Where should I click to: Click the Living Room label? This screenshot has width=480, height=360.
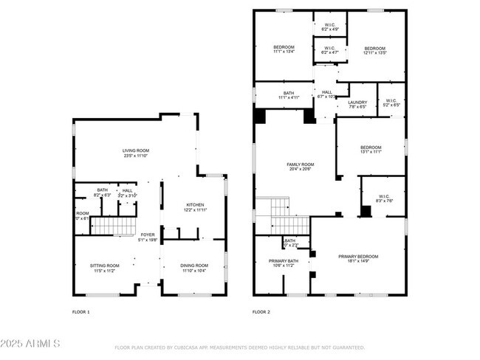tap(136, 153)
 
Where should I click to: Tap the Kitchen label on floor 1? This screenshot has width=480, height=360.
tap(195, 207)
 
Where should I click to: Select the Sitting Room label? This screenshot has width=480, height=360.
tap(104, 268)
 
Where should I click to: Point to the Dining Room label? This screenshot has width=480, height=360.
tap(195, 268)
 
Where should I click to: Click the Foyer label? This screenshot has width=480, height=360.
tap(148, 237)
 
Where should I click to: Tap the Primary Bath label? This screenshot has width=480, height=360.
tap(281, 263)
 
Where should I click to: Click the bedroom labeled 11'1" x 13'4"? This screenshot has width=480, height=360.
tap(284, 50)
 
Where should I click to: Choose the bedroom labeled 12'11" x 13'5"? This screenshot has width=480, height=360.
tap(375, 50)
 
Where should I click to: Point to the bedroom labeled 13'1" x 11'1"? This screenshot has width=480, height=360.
tap(371, 149)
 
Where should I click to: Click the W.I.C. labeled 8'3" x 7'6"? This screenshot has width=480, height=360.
tap(385, 198)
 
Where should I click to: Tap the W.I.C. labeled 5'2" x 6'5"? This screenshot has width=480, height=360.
tap(391, 103)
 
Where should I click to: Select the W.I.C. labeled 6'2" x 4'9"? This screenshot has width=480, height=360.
tap(330, 27)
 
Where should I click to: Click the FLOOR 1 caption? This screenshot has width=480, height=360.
tap(80, 312)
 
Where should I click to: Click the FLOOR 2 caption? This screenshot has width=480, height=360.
tap(261, 312)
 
